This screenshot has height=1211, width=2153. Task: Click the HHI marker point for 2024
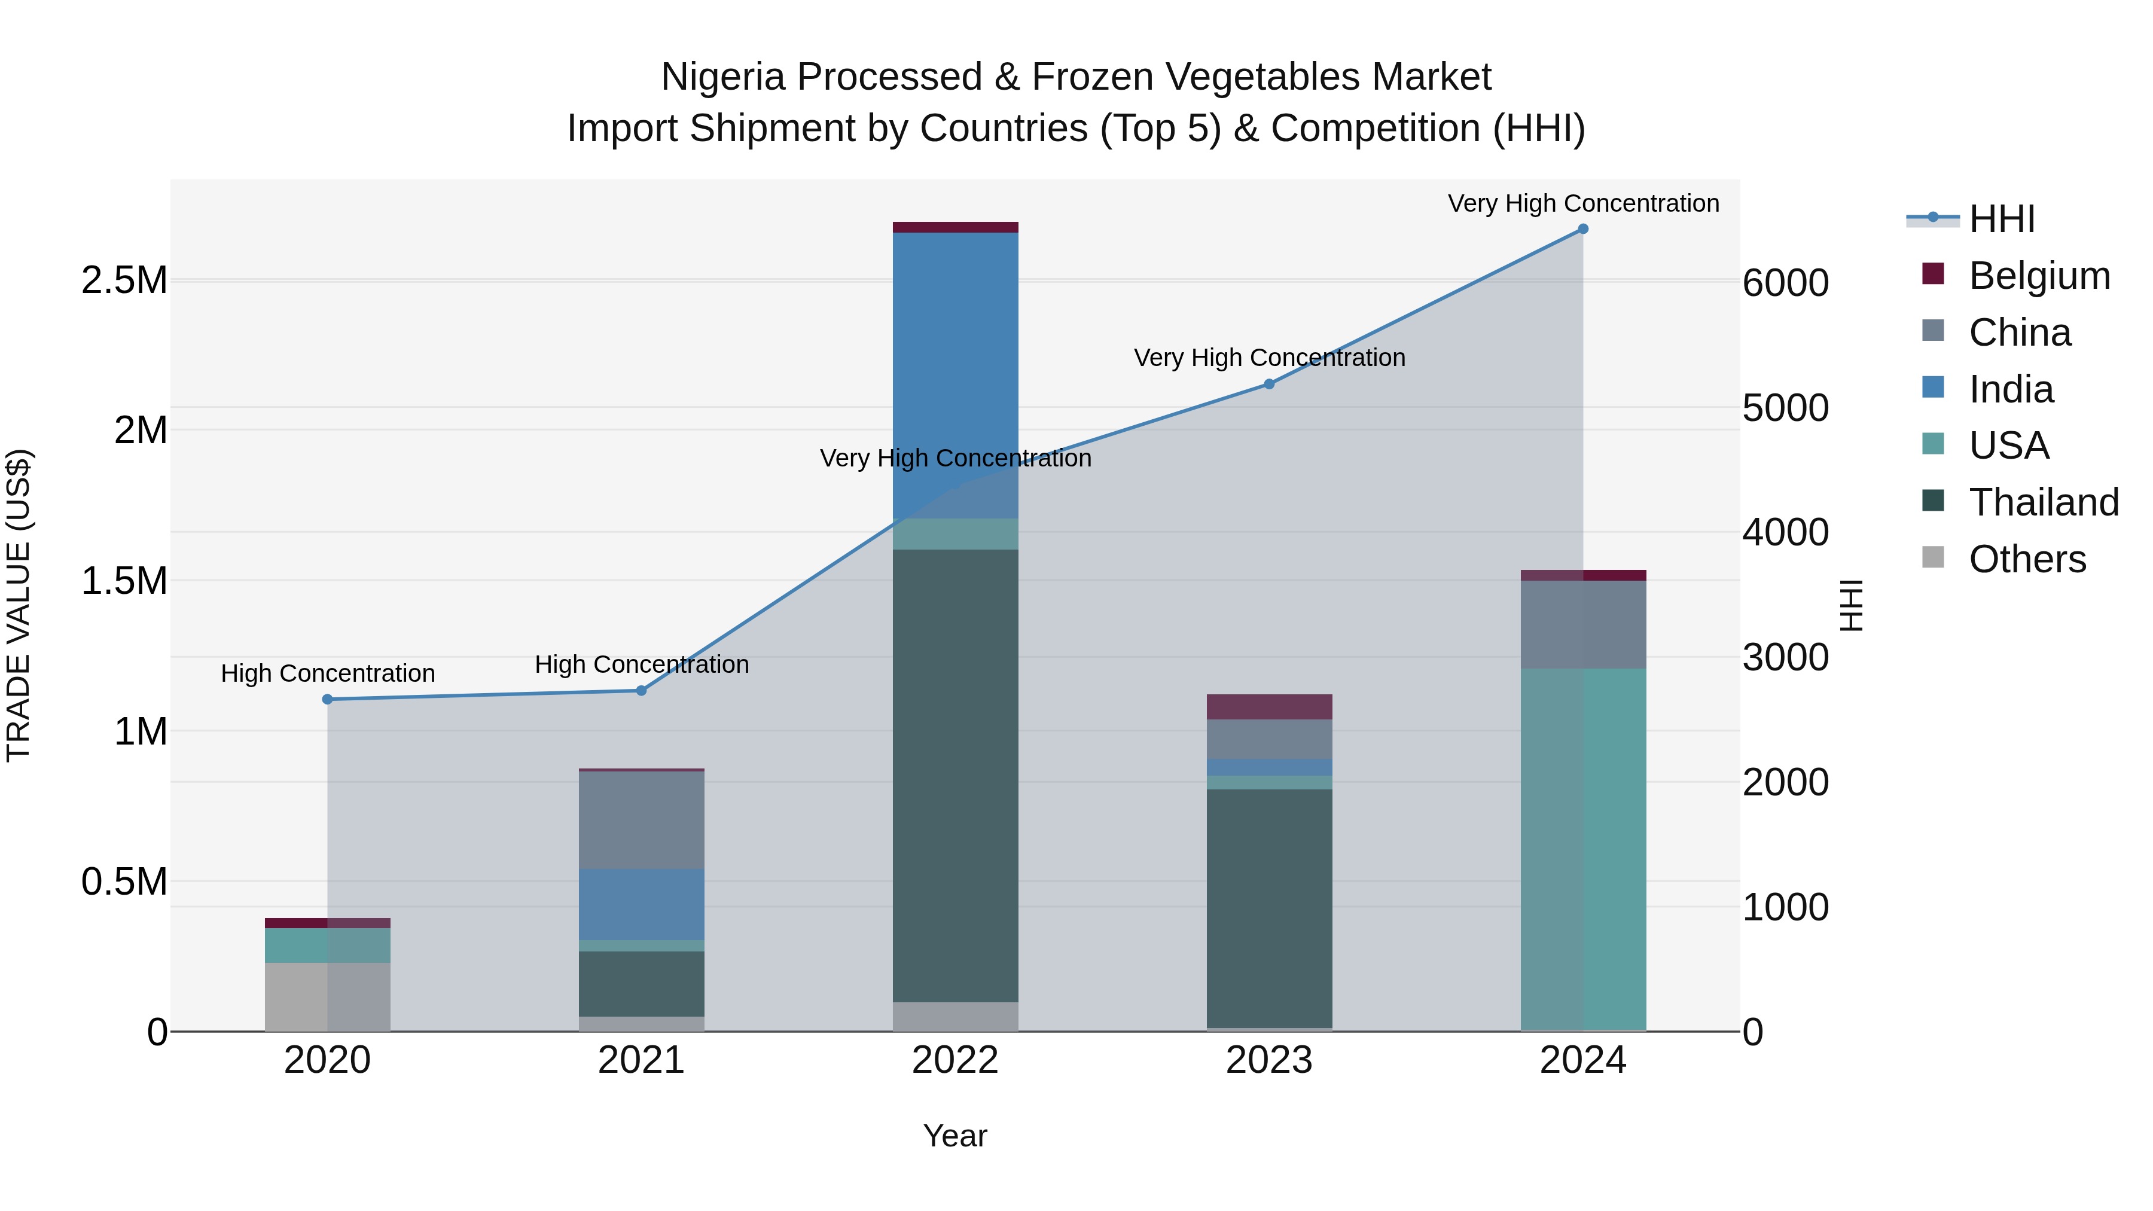[1583, 229]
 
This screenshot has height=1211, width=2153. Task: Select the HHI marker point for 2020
[328, 700]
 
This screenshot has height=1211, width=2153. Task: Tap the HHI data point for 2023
[1268, 385]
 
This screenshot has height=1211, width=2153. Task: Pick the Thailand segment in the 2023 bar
[1268, 908]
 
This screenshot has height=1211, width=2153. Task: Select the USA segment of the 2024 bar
[1583, 848]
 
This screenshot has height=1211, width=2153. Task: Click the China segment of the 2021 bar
[641, 819]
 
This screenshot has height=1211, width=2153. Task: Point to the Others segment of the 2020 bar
[328, 996]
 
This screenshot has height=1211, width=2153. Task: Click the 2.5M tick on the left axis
[124, 281]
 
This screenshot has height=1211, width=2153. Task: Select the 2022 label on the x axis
[955, 1060]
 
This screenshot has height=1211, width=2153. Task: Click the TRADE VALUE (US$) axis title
[19, 605]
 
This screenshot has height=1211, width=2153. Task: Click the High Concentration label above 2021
[641, 664]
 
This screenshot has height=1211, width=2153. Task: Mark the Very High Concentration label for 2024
[1583, 203]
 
